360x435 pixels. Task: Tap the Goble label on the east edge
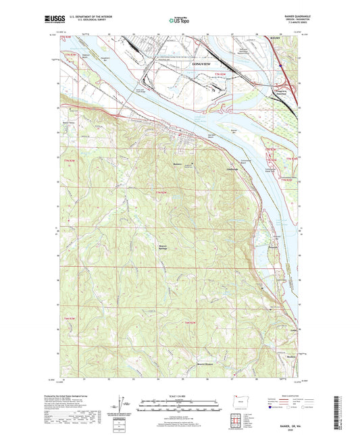(292, 330)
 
